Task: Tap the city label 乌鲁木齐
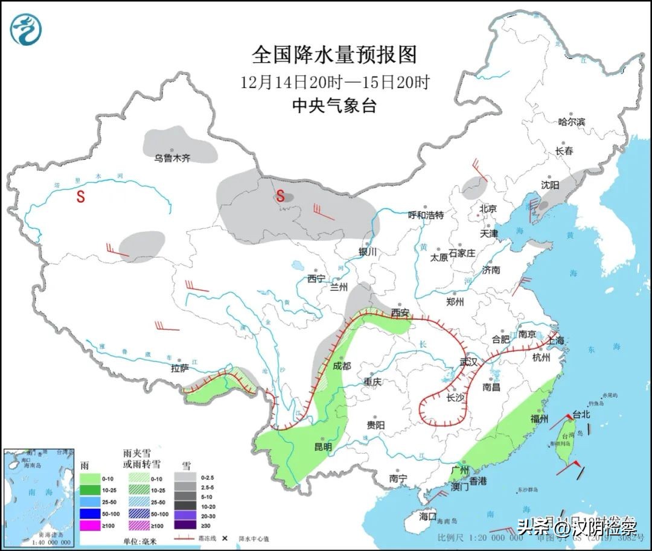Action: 172,158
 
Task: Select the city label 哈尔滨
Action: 571,122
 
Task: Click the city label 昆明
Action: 323,447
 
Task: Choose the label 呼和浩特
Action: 426,215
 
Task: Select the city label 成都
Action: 341,366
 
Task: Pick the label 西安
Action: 400,313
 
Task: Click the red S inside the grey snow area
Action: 280,196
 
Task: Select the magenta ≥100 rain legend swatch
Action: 89,526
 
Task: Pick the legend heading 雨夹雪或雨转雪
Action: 141,459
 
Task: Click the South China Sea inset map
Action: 38,494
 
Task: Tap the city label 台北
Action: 580,415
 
